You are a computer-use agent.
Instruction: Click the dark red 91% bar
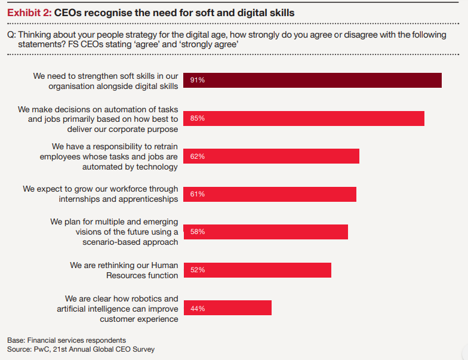click(312, 80)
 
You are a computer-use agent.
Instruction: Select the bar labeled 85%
click(304, 118)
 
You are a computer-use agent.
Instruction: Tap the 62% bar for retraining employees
click(271, 156)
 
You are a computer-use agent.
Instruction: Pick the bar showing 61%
click(270, 194)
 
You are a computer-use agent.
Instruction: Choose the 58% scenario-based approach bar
click(266, 232)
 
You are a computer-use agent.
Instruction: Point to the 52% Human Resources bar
click(257, 270)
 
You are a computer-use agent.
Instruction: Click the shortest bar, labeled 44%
click(227, 308)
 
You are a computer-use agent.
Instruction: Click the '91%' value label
click(198, 80)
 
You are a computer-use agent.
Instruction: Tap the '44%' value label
click(198, 309)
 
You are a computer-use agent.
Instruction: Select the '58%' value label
click(198, 232)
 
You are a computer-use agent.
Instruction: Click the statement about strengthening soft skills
click(106, 81)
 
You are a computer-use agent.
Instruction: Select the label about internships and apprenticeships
click(101, 193)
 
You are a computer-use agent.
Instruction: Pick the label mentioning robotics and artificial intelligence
click(118, 309)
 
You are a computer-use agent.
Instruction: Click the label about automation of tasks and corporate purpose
click(98, 118)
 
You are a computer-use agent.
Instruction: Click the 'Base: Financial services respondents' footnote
click(67, 340)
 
